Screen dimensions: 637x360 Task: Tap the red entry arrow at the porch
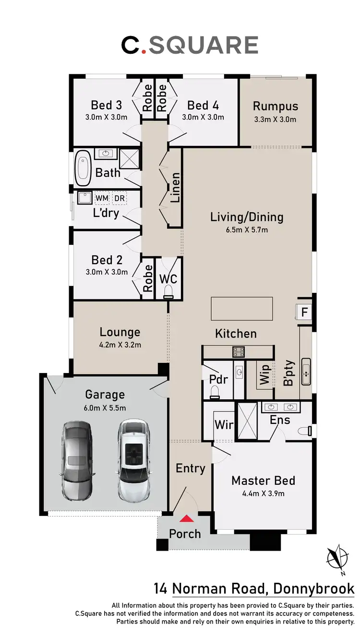pyautogui.click(x=187, y=518)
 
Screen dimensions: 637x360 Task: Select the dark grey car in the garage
pyautogui.click(x=77, y=460)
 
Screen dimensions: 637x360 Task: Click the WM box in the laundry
pyautogui.click(x=101, y=198)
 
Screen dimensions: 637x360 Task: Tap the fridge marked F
pyautogui.click(x=304, y=312)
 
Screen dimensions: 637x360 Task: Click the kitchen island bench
pyautogui.click(x=242, y=309)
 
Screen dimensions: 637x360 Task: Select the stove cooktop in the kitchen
pyautogui.click(x=239, y=352)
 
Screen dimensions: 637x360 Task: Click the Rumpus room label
pyautogui.click(x=276, y=106)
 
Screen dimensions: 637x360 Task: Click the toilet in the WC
pyautogui.click(x=168, y=292)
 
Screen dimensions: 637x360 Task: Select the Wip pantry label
pyautogui.click(x=264, y=374)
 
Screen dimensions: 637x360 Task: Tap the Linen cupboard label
pyautogui.click(x=175, y=187)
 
